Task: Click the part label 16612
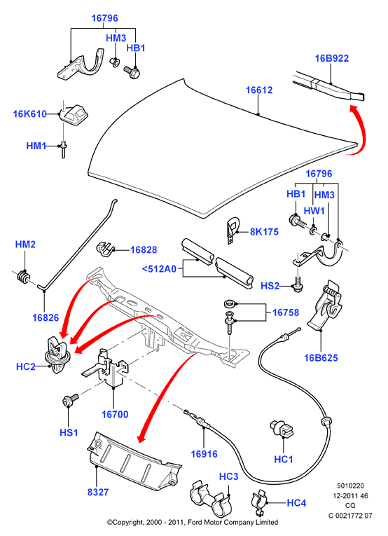pos(259,90)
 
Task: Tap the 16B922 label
pos(332,58)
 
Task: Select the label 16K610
pos(29,114)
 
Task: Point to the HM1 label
pos(36,146)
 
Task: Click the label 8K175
pos(264,232)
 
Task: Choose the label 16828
pos(144,250)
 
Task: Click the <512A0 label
pos(159,269)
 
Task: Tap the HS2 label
pos(270,286)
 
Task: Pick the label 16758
pos(286,312)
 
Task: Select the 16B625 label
pos(321,358)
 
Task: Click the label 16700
pos(115,414)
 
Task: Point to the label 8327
pos(97,493)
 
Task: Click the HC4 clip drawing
pos(259,502)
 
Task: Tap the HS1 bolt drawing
pos(70,400)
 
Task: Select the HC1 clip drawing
pos(282,428)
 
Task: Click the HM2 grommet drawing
pos(23,277)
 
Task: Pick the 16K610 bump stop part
pos(73,114)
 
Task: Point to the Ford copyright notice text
pos(193,522)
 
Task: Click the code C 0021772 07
pos(350,516)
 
